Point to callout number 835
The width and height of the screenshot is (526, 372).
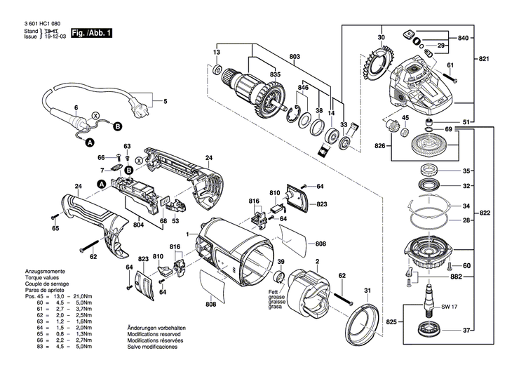pos(276,74)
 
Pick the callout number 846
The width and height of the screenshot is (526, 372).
pos(303,87)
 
